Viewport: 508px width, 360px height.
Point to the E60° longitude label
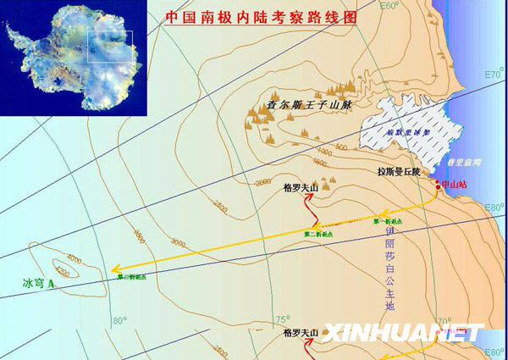click(388, 6)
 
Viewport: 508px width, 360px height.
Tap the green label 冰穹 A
click(39, 282)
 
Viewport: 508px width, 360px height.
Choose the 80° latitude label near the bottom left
click(119, 321)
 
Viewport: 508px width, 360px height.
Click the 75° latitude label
click(283, 319)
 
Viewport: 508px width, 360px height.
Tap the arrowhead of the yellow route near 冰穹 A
click(114, 269)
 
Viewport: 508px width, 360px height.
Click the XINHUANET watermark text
click(401, 332)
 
